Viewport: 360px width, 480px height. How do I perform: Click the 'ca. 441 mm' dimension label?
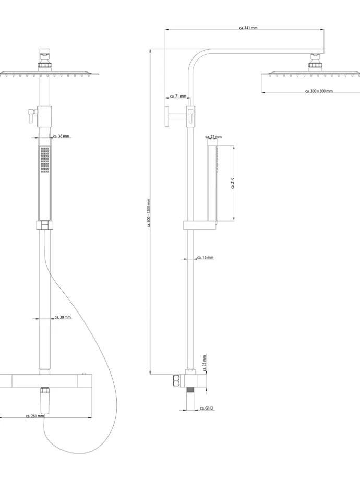[x=248, y=28]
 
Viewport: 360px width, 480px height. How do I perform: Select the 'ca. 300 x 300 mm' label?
[x=319, y=91]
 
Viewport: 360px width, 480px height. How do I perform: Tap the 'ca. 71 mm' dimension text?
[x=178, y=97]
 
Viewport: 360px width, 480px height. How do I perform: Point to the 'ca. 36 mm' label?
[x=62, y=136]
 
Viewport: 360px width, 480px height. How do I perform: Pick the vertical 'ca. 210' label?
[x=233, y=184]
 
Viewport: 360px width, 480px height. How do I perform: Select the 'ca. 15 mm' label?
[x=206, y=258]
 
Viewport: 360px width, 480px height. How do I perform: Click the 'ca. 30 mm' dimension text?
[x=63, y=317]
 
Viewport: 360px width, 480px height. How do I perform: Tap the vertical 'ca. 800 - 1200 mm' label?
[x=149, y=213]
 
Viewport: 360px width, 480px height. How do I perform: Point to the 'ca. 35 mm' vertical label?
[x=205, y=361]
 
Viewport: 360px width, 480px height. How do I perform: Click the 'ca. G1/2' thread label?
[x=207, y=409]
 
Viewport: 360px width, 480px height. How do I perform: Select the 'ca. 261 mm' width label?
[x=35, y=416]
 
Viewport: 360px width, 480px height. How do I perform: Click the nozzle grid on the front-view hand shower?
[x=44, y=160]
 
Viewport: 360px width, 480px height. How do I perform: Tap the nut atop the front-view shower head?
[x=45, y=53]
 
